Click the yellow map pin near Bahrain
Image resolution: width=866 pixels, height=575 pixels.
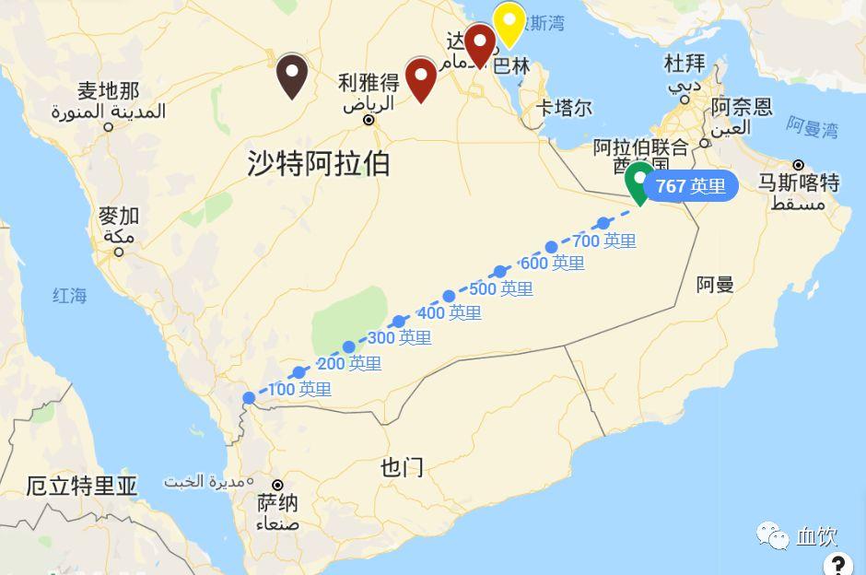click(509, 22)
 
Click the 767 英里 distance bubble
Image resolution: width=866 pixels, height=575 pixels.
click(691, 186)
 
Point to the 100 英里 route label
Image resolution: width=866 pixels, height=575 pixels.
click(299, 390)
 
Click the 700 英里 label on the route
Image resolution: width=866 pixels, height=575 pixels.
click(604, 241)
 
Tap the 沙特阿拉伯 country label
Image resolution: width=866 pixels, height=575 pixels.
click(319, 164)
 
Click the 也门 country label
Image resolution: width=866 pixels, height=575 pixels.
click(402, 467)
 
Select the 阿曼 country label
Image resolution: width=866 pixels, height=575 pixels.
click(715, 284)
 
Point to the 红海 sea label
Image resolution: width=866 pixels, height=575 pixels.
click(69, 296)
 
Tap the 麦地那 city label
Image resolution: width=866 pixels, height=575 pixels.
click(109, 91)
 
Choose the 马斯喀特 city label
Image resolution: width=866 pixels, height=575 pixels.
click(798, 182)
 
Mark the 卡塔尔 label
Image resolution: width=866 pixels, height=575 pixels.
click(564, 108)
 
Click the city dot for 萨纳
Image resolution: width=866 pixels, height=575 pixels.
click(276, 485)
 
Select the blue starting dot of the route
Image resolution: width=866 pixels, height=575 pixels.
click(249, 398)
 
